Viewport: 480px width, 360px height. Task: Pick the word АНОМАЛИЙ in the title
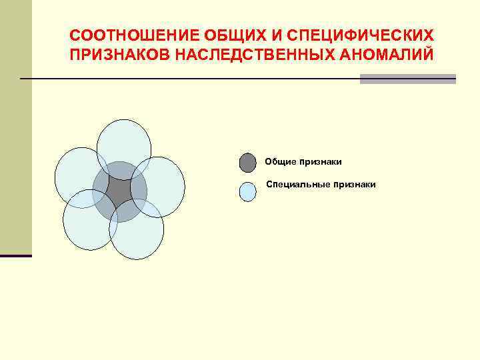[390, 54]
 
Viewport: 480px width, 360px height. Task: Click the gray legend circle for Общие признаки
[247, 163]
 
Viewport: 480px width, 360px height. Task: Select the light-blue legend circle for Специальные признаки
[247, 192]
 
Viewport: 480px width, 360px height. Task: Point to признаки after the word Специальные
[355, 184]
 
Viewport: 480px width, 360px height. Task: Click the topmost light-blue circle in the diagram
[124, 139]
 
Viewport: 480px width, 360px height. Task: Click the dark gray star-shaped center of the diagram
[119, 191]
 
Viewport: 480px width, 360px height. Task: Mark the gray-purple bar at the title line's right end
[407, 79]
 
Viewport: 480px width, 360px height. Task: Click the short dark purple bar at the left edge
[15, 255]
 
